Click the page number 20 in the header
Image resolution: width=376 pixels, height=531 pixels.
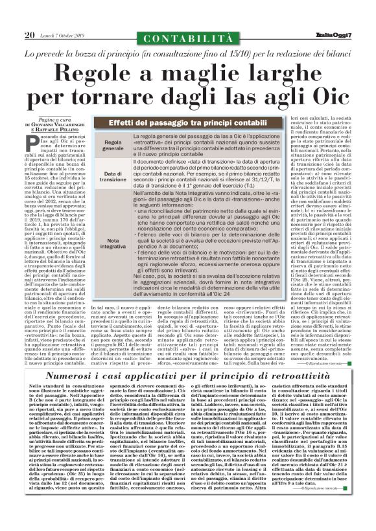click(29, 34)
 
